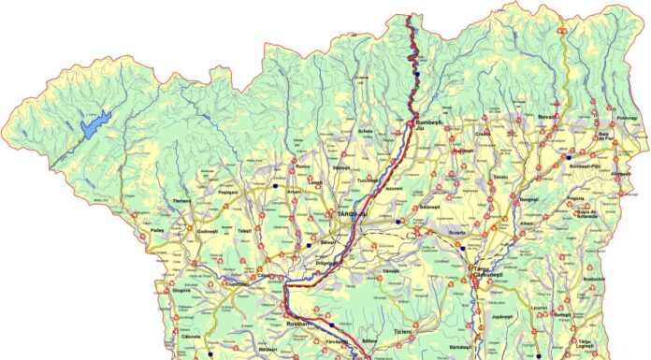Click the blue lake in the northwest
96,124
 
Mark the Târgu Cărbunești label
486,272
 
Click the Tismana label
182,201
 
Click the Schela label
365,132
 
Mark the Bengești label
529,200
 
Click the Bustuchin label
594,279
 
